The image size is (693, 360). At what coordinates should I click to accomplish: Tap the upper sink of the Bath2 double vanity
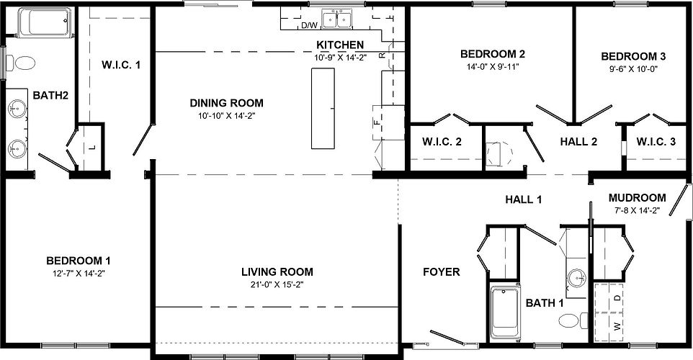coord(17,109)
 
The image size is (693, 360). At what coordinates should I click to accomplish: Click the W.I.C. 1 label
coord(120,65)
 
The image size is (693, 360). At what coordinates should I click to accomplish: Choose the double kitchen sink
coord(336,19)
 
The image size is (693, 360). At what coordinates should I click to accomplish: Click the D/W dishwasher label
coord(309,25)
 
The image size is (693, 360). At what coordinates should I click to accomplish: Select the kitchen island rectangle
coord(323,108)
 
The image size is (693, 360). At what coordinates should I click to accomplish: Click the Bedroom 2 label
coord(492,54)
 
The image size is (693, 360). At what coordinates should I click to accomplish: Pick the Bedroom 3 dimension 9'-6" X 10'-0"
coord(633,69)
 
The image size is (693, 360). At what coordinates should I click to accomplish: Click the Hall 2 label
coord(578,142)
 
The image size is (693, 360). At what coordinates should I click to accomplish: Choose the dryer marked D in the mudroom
coord(617,296)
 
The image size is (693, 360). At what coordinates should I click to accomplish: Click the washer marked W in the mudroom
coord(617,325)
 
